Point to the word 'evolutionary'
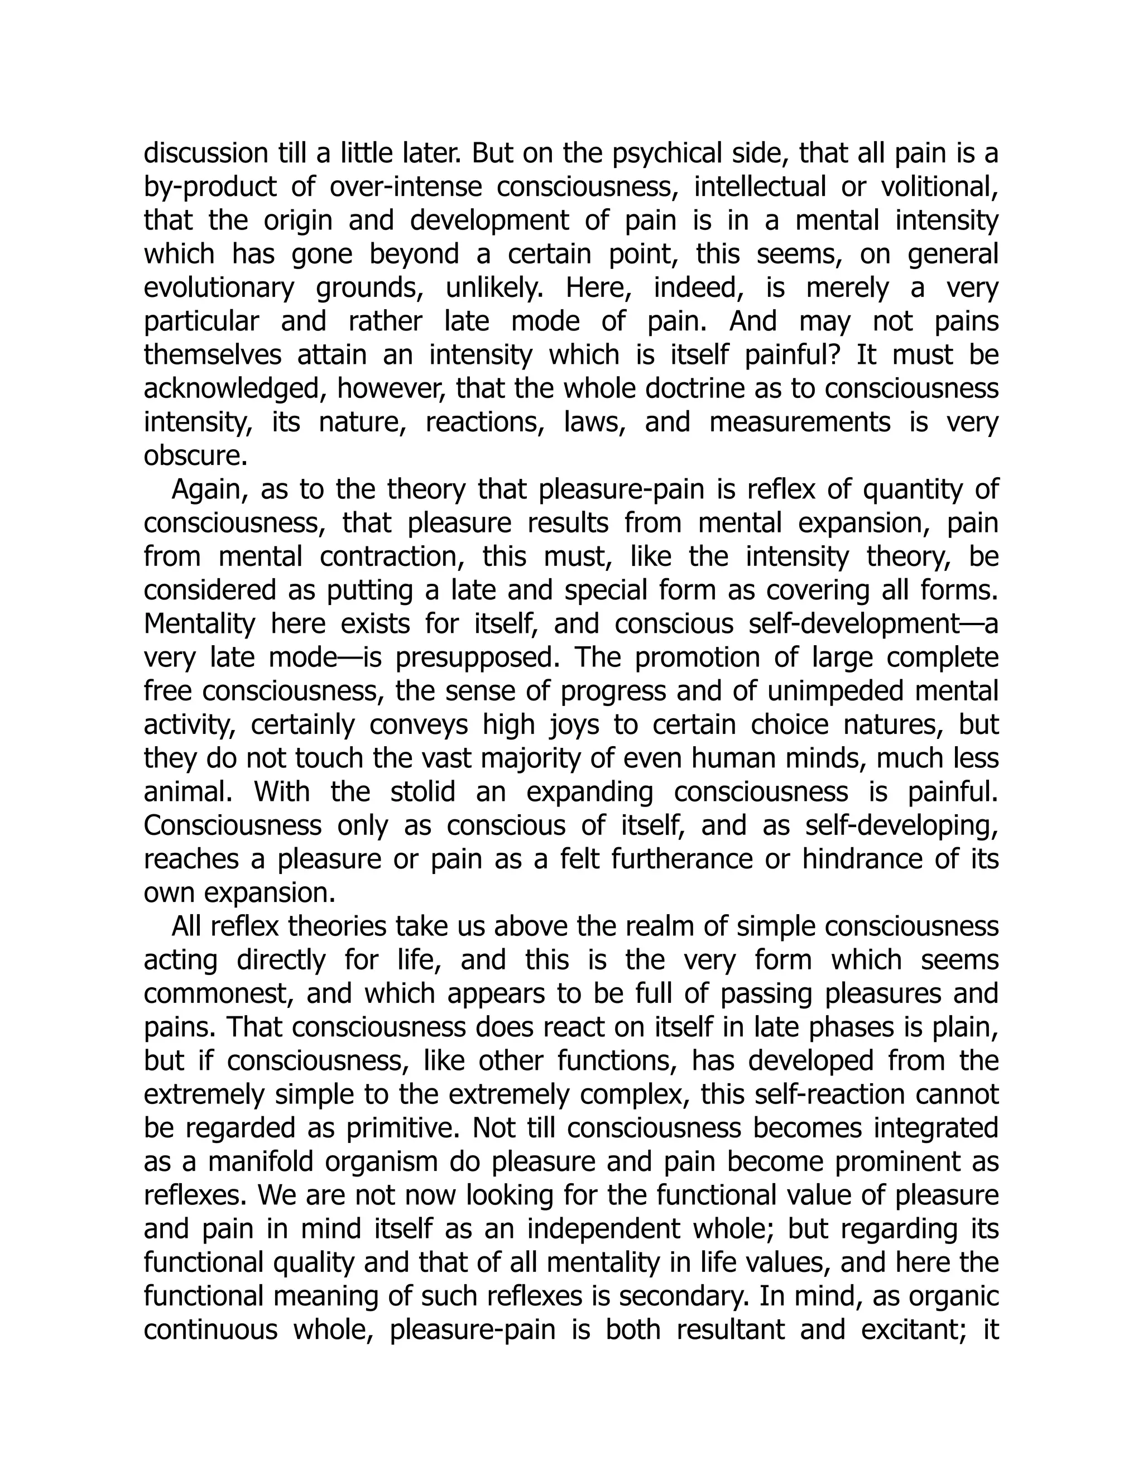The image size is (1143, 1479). coord(219,288)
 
